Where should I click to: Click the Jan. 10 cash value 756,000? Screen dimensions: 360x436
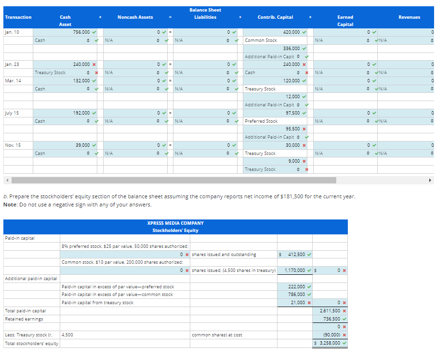point(81,32)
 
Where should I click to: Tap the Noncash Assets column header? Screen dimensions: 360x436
point(135,17)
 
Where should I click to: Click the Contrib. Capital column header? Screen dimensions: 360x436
point(275,17)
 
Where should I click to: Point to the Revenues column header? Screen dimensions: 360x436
point(409,17)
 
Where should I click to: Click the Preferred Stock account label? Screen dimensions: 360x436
point(261,121)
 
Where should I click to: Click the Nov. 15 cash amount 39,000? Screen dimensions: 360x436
point(82,145)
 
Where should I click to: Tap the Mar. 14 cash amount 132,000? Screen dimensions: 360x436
point(81,80)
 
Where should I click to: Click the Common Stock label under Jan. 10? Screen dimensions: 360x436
point(261,40)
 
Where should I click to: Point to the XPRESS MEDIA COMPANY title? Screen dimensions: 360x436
point(175,223)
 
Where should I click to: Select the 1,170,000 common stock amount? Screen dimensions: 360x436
point(295,270)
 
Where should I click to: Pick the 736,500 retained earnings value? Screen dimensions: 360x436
point(331,319)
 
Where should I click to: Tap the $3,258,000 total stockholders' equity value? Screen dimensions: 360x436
point(330,343)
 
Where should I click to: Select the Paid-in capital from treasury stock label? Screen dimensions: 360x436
point(97,302)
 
